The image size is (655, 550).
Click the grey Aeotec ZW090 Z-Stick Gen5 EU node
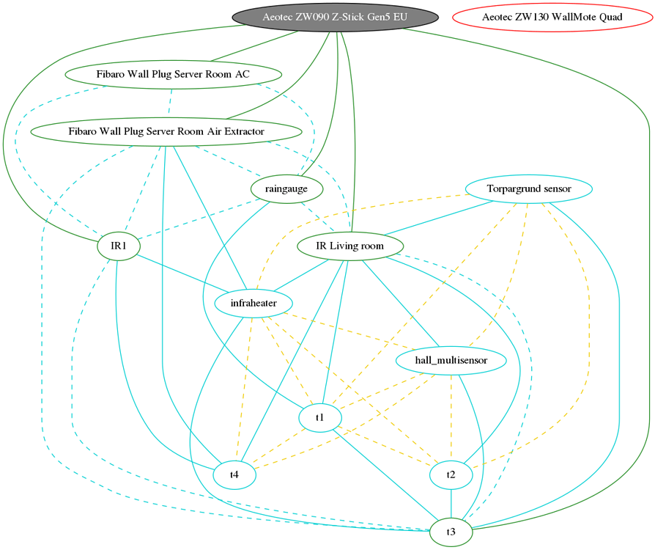click(x=336, y=17)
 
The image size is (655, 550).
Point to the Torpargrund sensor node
click(x=528, y=189)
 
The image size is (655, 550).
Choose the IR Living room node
click(x=349, y=246)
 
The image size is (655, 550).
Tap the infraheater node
click(x=254, y=303)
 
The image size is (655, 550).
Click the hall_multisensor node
click(x=451, y=360)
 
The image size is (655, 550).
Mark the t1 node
click(x=320, y=417)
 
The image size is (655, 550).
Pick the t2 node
click(x=451, y=474)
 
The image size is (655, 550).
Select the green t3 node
click(x=451, y=532)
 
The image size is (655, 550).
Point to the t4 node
click(x=234, y=474)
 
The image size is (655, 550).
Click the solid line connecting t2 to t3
click(x=451, y=503)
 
